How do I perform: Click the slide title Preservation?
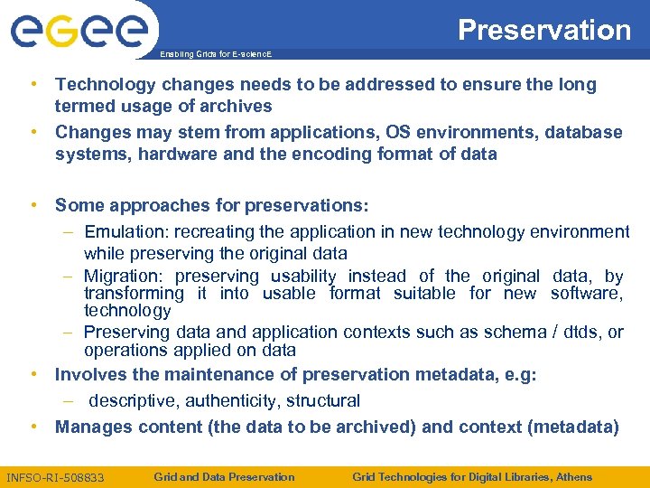[x=544, y=30]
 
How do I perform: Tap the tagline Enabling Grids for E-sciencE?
[x=215, y=53]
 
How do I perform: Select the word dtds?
[x=576, y=333]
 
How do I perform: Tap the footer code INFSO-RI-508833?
[x=55, y=477]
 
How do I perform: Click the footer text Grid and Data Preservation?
[x=224, y=476]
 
